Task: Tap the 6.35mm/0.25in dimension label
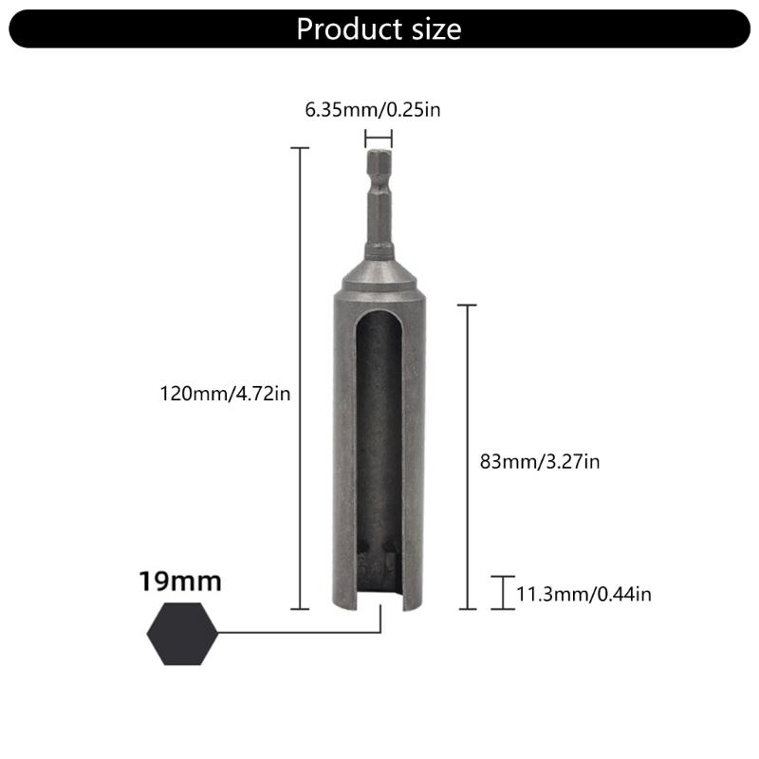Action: point(372,110)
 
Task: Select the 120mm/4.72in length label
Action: point(224,392)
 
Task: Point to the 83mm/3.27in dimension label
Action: point(540,462)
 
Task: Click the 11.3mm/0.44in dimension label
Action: point(583,595)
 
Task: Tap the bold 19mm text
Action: point(179,581)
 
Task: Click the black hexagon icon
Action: point(183,634)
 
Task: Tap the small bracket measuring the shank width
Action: point(379,139)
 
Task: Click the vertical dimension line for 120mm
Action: point(300,379)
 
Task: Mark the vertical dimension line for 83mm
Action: point(467,455)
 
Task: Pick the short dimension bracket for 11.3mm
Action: point(503,592)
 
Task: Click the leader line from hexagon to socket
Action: point(304,633)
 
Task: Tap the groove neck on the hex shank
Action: point(379,250)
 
